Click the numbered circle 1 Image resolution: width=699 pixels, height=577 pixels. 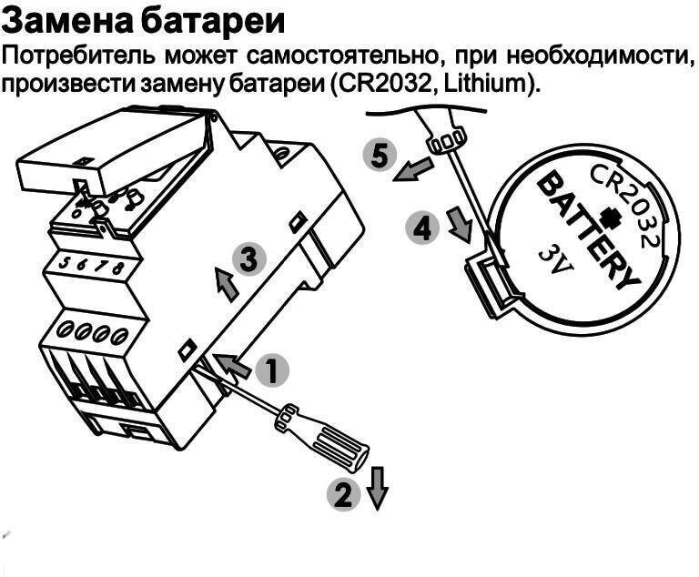click(x=271, y=370)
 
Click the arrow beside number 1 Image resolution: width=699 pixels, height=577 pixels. click(x=234, y=364)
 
